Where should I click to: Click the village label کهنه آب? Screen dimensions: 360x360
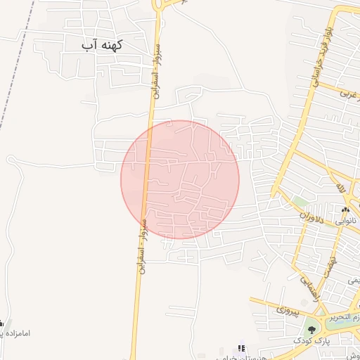pos(103,45)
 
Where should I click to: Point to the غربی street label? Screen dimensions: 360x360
pos(346,92)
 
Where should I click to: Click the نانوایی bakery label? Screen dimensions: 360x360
pos(345,221)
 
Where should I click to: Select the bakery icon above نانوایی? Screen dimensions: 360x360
pos(345,210)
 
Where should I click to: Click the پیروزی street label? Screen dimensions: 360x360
pos(288,308)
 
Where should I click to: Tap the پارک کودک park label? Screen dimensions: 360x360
pos(330,341)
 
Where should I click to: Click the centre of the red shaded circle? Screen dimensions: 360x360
pos(180,179)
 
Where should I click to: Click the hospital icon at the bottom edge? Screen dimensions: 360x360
pos(241,348)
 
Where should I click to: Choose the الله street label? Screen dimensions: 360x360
pos(340,188)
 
